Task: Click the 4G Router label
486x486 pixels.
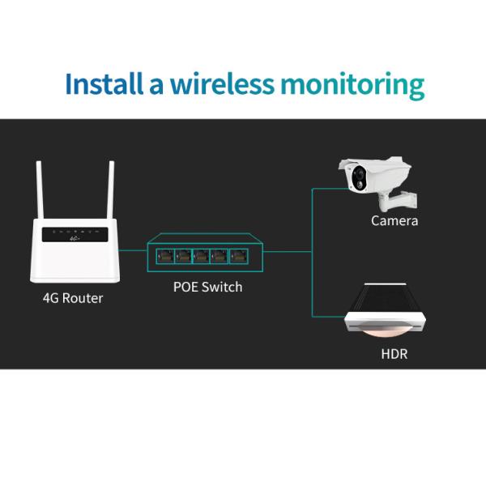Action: click(x=73, y=298)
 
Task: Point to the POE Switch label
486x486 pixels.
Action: click(x=208, y=287)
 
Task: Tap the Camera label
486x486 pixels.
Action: click(x=394, y=220)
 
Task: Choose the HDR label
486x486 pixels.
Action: click(x=394, y=354)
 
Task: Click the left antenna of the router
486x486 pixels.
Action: click(x=39, y=190)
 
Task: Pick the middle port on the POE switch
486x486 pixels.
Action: click(x=202, y=256)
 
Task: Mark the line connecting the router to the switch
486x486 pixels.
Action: click(x=133, y=250)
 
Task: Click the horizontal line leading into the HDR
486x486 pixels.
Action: click(x=328, y=316)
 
